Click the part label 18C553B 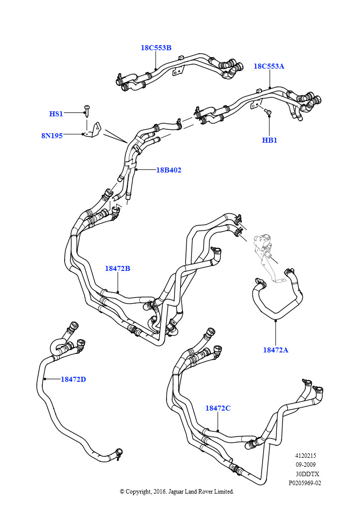click(156, 48)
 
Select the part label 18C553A click(269, 66)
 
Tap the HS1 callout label click(56, 114)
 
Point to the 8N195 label click(52, 136)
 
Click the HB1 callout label click(270, 140)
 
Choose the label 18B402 click(169, 170)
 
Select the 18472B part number click(117, 268)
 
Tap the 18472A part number click(275, 350)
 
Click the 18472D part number click(74, 379)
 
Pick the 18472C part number click(218, 408)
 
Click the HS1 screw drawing click(87, 110)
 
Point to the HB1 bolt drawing click(268, 111)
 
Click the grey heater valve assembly click(264, 250)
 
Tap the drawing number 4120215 click(305, 456)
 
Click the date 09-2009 click(305, 465)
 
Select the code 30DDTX click(307, 474)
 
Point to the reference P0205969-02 click(305, 483)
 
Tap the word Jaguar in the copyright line click(176, 492)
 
